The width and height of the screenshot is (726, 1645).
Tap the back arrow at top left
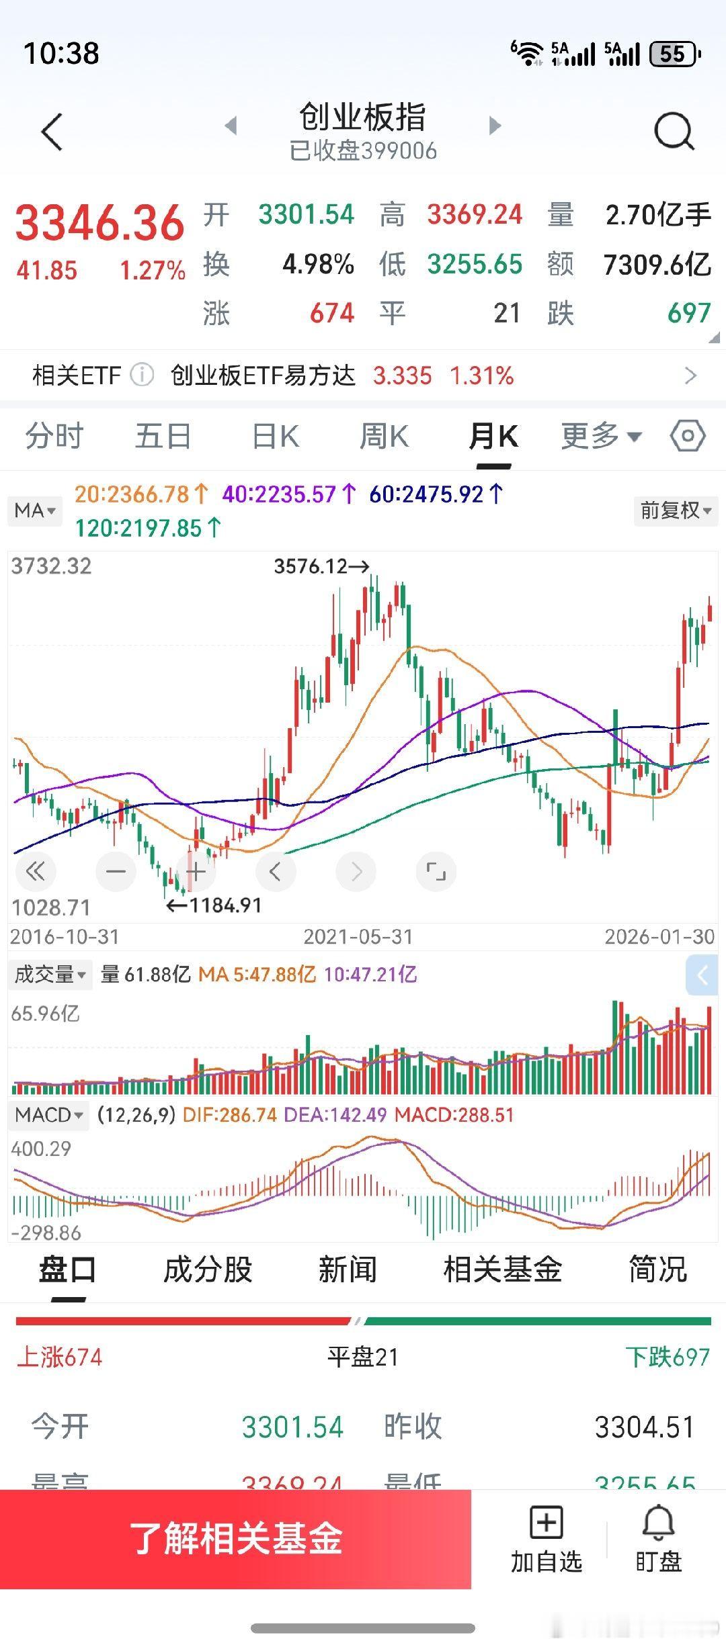[x=52, y=132]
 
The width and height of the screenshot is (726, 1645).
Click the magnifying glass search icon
[x=674, y=131]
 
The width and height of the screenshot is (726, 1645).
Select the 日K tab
[x=275, y=437]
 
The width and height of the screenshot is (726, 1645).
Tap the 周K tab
[x=384, y=437]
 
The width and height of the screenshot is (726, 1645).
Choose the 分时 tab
[x=54, y=437]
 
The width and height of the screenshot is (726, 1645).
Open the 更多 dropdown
[x=601, y=437]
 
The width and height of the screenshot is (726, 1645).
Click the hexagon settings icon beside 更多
[x=688, y=437]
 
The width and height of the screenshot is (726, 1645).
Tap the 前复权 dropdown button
[x=675, y=510]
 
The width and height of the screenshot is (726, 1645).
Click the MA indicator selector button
[x=34, y=510]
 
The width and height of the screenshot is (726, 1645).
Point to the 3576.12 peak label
[x=321, y=566]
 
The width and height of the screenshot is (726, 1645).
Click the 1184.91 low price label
[x=214, y=905]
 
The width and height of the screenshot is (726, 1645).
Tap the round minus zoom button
[x=116, y=872]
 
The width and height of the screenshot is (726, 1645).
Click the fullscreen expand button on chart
[x=436, y=872]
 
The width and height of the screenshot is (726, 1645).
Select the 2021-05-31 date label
[x=358, y=937]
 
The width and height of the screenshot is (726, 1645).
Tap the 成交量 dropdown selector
[x=50, y=974]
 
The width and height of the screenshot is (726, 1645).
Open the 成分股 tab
[x=208, y=1270]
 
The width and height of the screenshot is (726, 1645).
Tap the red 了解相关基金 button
[x=235, y=1538]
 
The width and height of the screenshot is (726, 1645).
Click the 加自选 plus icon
[x=546, y=1523]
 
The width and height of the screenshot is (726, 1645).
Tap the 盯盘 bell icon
[x=658, y=1523]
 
